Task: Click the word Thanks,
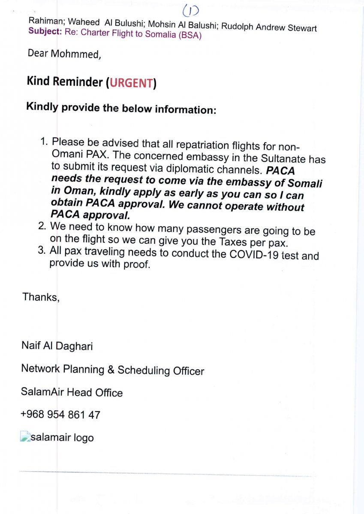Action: (x=41, y=297)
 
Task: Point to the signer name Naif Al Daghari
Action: (x=57, y=346)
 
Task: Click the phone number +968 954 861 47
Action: (x=60, y=415)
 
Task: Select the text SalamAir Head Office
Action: (x=72, y=392)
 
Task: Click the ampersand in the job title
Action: (x=110, y=369)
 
